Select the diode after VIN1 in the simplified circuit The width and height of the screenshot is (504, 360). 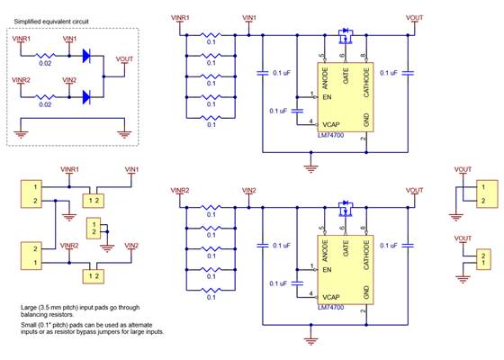click(x=88, y=55)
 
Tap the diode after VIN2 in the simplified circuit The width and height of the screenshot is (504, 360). click(x=88, y=94)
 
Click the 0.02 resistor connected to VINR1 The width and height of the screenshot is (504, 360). click(x=45, y=56)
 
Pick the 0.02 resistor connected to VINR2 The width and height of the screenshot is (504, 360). click(x=45, y=95)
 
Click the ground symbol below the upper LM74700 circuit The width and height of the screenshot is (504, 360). click(x=310, y=166)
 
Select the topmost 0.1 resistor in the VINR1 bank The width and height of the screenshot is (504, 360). click(x=211, y=37)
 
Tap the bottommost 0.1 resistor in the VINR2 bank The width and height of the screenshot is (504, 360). click(x=211, y=289)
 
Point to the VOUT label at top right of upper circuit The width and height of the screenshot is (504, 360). click(x=414, y=17)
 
